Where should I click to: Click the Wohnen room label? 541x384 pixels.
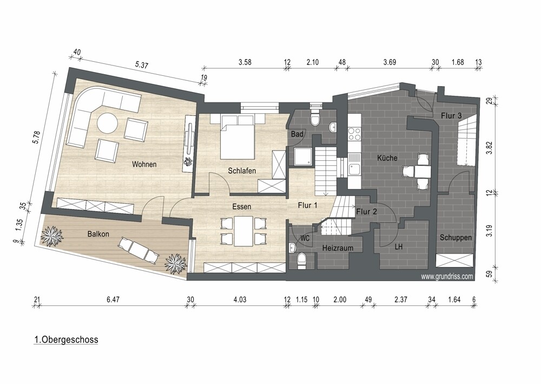click(x=144, y=164)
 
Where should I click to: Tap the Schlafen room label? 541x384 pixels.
click(x=242, y=171)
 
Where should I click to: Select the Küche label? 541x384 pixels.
click(x=387, y=158)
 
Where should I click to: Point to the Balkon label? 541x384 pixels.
click(x=98, y=234)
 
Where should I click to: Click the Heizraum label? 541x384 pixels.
click(x=338, y=248)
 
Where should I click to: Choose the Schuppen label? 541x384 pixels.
click(x=456, y=238)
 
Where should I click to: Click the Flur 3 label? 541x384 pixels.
click(x=451, y=116)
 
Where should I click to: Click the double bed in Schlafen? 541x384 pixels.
click(x=237, y=136)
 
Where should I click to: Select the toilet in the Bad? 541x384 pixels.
click(x=315, y=118)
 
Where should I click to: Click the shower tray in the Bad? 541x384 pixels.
click(x=303, y=157)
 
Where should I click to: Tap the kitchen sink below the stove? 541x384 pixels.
click(x=354, y=170)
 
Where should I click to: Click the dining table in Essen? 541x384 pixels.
click(x=243, y=231)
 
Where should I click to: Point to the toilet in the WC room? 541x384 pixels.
click(x=301, y=261)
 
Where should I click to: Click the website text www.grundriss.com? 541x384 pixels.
click(x=447, y=276)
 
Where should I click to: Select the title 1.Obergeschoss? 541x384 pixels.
click(x=66, y=340)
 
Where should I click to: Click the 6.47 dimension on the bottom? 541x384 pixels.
click(x=113, y=300)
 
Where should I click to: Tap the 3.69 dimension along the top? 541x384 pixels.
click(x=390, y=62)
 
